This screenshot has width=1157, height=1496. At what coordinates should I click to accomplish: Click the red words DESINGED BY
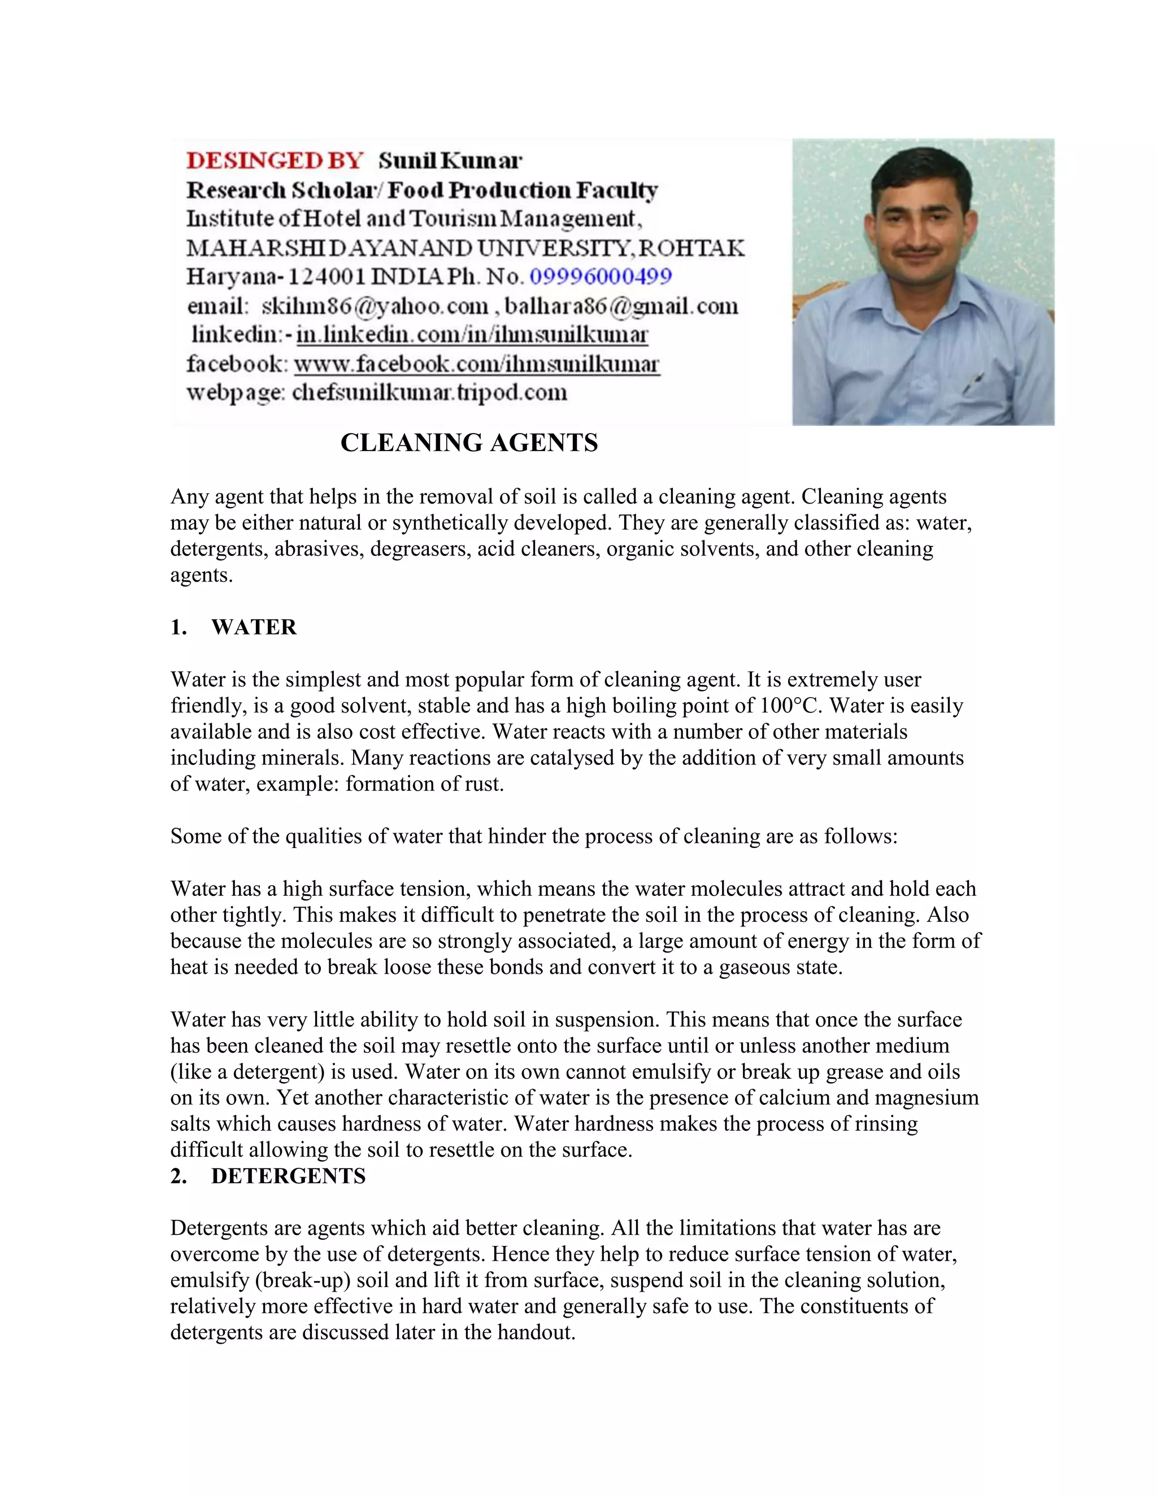click(274, 161)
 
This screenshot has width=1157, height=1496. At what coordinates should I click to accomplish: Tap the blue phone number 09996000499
click(601, 277)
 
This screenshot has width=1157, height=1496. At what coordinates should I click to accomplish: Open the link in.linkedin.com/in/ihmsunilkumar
click(472, 335)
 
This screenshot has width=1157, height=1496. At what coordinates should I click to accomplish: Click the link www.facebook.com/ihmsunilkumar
click(476, 364)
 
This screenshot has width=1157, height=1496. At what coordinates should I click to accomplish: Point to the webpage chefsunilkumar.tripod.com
click(429, 393)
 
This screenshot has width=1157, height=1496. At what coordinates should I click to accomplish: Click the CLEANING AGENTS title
click(469, 443)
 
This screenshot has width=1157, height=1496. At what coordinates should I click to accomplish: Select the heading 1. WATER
click(234, 627)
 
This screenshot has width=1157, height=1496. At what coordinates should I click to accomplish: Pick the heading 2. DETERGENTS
click(268, 1176)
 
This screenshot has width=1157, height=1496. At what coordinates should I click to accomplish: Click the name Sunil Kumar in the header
click(450, 161)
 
